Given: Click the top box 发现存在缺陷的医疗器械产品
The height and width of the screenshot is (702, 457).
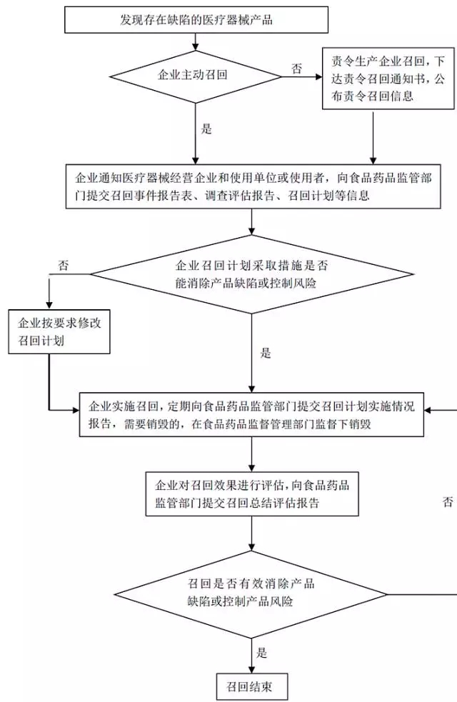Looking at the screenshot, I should pos(196,20).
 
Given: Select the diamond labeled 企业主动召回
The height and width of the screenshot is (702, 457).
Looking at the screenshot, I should pos(196,74).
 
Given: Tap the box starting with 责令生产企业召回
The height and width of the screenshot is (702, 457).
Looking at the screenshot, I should pos(388,78).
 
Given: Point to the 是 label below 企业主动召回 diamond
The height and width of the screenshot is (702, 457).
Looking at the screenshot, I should pos(207,129).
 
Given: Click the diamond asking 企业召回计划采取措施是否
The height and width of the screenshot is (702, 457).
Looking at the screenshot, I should pos(252,274).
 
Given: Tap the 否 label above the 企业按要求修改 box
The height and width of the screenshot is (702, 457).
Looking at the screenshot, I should pos(64,265).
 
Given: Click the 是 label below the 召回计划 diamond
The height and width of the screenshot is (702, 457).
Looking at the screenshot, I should pos(266,353).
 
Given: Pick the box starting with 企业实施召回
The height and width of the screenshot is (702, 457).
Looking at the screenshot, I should pos(251,415).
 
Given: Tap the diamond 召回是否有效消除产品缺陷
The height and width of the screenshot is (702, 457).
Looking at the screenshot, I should pos(251,593).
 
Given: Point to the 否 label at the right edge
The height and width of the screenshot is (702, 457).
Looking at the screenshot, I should pos(447,502).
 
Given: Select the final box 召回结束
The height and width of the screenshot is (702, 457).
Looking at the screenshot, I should pos(252,687).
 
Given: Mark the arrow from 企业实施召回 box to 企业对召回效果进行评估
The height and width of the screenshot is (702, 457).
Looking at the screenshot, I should pos(252,454).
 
